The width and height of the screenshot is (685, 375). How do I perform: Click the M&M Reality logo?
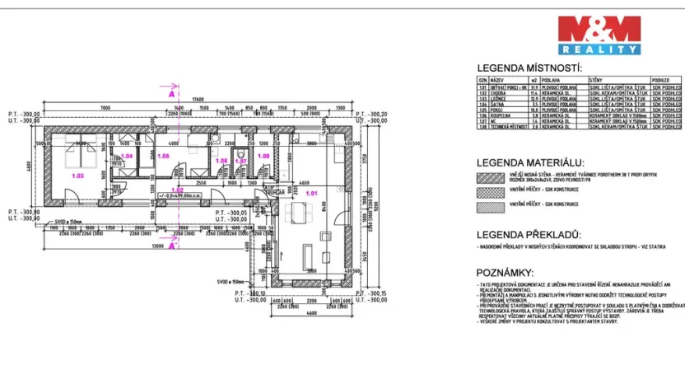598,35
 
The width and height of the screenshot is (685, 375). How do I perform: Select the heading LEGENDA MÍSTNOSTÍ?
529,68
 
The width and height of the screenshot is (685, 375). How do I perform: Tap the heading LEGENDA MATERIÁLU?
530,162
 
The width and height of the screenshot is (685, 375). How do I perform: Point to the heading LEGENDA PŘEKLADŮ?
529,234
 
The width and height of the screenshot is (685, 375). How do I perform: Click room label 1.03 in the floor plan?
79,175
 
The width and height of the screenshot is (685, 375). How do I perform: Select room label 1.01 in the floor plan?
311,194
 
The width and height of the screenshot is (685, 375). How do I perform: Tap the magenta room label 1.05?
163,156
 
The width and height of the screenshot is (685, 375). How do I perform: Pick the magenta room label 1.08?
264,156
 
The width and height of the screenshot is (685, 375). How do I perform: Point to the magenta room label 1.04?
127,156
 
